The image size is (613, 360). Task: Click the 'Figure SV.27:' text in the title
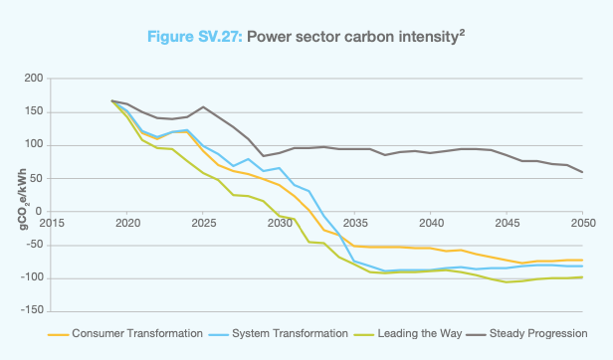(x=193, y=37)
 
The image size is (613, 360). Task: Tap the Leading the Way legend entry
(x=416, y=333)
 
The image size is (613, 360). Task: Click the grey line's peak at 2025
(x=203, y=106)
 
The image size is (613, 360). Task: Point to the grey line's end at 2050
(x=582, y=172)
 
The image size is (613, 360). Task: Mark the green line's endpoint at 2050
(x=582, y=277)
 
